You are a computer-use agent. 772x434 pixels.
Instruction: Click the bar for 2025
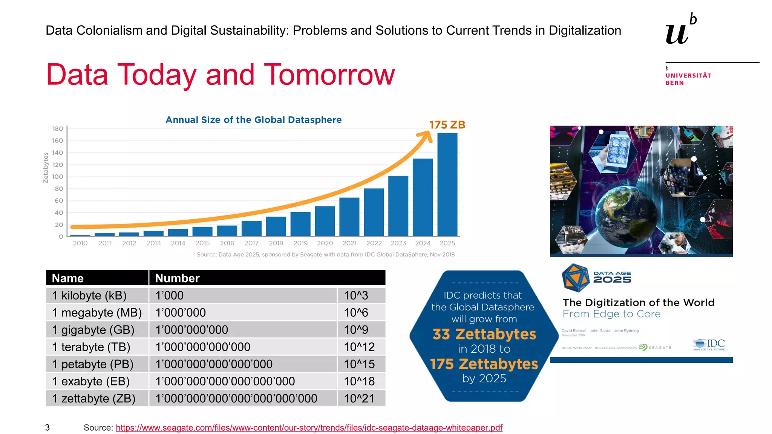point(447,185)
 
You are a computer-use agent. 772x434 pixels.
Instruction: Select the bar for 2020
point(325,221)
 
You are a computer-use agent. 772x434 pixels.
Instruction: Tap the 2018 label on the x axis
point(276,243)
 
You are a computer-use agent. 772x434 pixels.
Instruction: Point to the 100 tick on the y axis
point(58,177)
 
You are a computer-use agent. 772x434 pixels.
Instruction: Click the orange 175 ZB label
point(447,125)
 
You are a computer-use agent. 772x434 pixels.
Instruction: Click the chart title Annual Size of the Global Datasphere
point(253,120)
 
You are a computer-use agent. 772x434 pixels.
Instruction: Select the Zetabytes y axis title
point(46,168)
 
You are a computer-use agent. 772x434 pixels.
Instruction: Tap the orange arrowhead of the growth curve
point(428,136)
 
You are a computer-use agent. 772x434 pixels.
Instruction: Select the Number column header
point(177,278)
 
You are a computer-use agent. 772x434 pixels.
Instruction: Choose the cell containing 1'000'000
point(181,313)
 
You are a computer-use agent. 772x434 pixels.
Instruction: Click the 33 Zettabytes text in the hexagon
point(484,334)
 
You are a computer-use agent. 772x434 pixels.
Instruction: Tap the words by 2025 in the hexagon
point(484,378)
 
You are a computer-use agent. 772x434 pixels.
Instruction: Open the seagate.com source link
point(309,428)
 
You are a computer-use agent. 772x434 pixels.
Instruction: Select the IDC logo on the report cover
point(709,344)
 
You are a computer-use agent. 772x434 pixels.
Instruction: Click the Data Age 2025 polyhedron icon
point(576,278)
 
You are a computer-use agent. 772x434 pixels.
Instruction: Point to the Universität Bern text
point(688,79)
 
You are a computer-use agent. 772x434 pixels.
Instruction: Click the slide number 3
point(47,428)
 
